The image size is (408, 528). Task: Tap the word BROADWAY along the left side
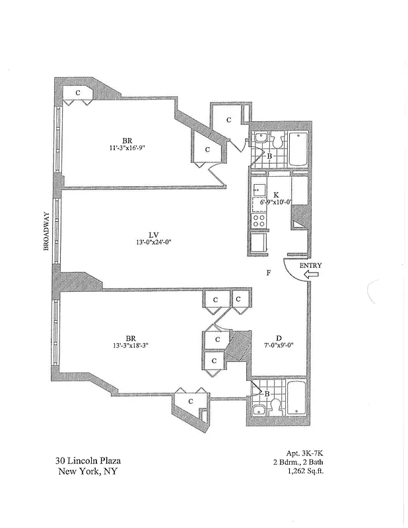[x=46, y=231]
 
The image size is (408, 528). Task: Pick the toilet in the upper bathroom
[x=278, y=141]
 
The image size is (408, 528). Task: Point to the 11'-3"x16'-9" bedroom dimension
[x=128, y=148]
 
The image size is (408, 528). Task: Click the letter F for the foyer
[x=268, y=273]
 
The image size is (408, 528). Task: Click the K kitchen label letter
[x=276, y=195]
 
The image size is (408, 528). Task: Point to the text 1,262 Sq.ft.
[x=305, y=471]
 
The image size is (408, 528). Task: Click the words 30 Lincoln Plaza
[x=88, y=461]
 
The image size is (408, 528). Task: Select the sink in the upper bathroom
[x=260, y=140]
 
